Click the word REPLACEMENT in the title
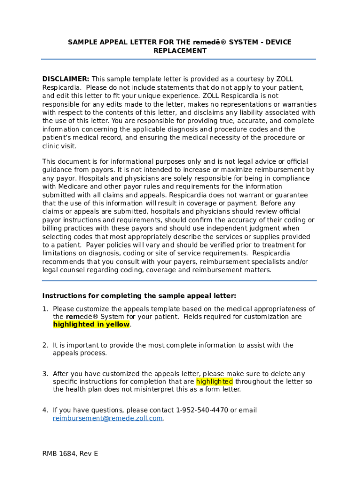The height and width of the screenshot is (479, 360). tap(180, 51)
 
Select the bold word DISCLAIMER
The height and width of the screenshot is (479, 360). tap(66, 79)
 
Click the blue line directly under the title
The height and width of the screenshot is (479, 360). tap(179, 59)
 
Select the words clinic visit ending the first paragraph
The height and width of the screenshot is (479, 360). tap(59, 146)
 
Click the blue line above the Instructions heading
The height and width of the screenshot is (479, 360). tap(179, 281)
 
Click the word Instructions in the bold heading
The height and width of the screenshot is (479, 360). tap(63, 296)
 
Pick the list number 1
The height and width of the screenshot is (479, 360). tap(45, 309)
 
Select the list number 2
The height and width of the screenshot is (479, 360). tap(45, 345)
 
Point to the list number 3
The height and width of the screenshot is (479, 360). tap(45, 374)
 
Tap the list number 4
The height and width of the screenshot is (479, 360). tap(45, 410)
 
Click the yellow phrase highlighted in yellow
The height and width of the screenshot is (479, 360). tap(91, 325)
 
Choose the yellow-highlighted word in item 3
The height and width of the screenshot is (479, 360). tap(214, 382)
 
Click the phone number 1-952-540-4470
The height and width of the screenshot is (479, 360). tap(202, 410)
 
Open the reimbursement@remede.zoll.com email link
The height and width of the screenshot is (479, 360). tap(108, 418)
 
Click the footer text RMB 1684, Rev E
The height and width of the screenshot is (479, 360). tap(70, 454)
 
